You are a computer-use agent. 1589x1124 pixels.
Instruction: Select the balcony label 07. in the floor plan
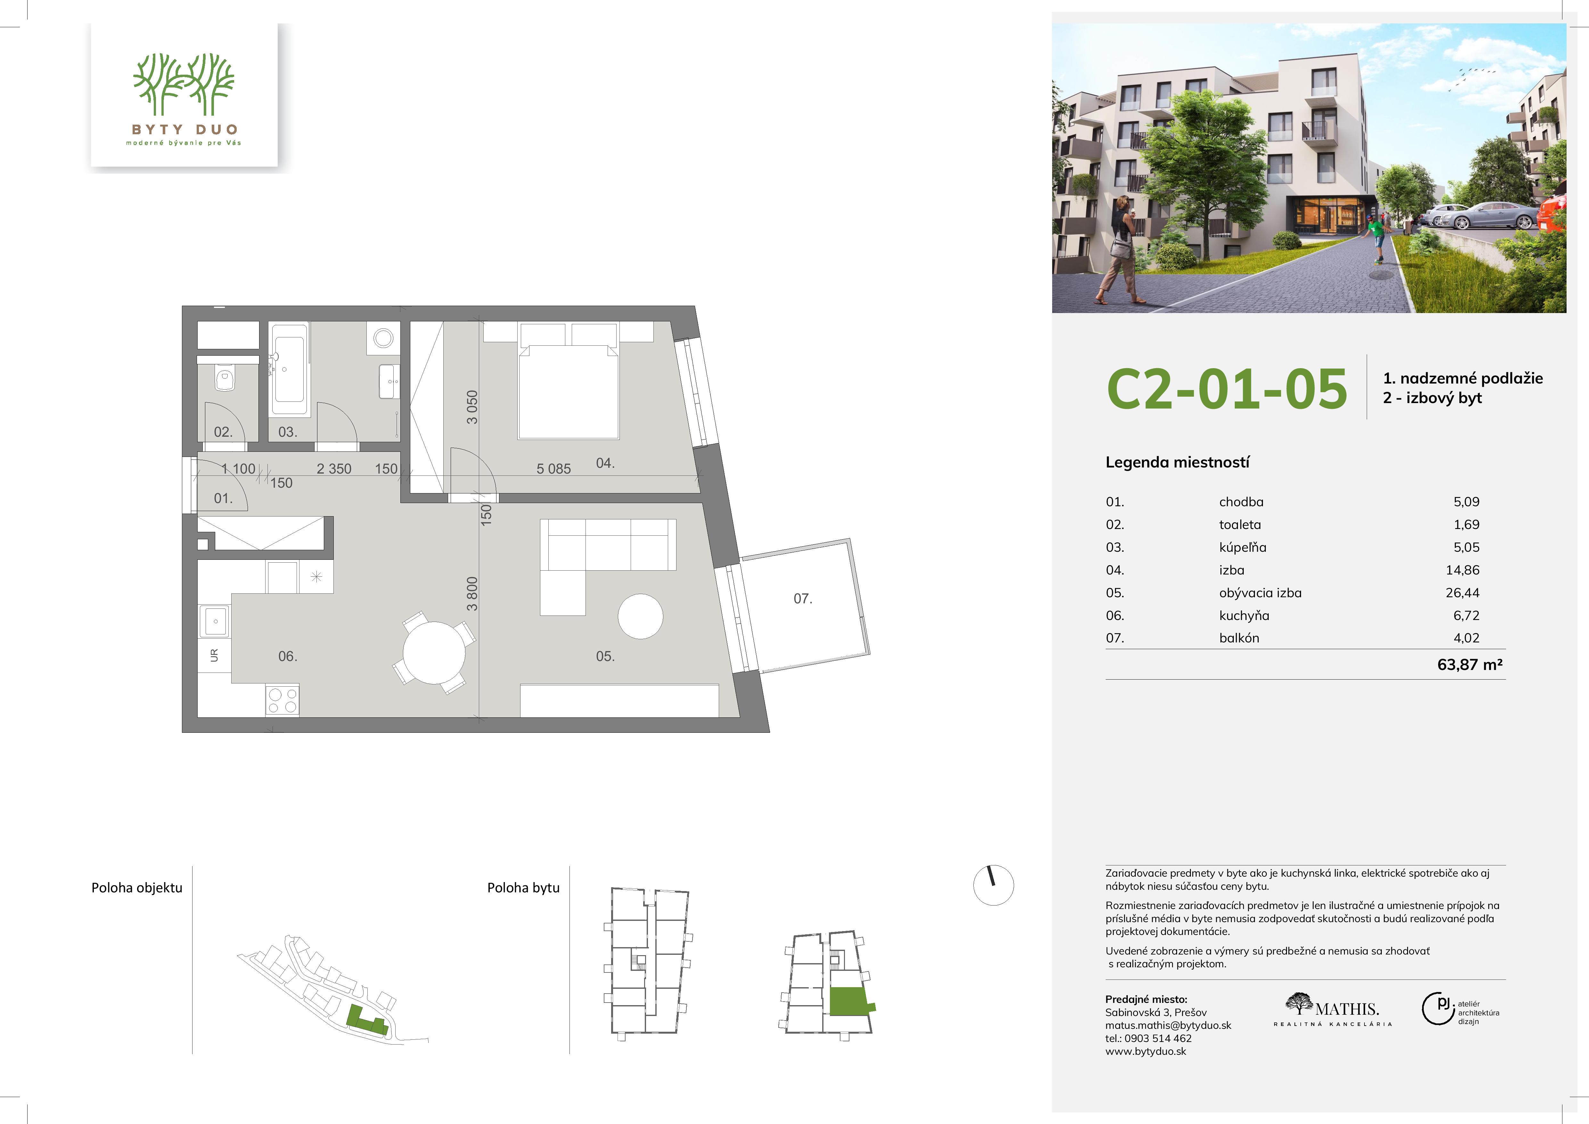(x=803, y=599)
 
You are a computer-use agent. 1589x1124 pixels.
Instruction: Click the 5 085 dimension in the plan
(x=554, y=468)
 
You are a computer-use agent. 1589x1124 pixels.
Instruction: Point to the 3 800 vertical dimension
(x=472, y=594)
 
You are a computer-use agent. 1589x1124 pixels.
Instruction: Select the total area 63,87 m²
(x=1470, y=665)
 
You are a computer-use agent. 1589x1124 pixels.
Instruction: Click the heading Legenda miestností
(x=1177, y=462)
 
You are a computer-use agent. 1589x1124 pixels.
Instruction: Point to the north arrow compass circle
(x=994, y=885)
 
